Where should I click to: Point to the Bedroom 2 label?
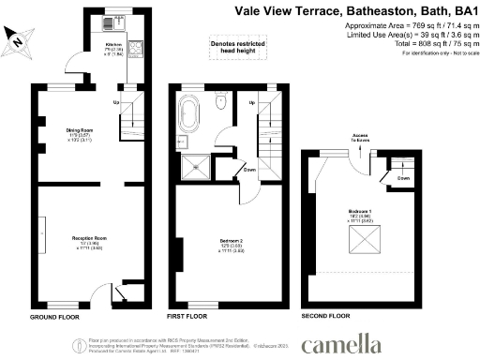[217, 245]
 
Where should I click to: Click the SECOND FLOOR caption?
[326, 317]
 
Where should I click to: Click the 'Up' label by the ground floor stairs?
[116, 101]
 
